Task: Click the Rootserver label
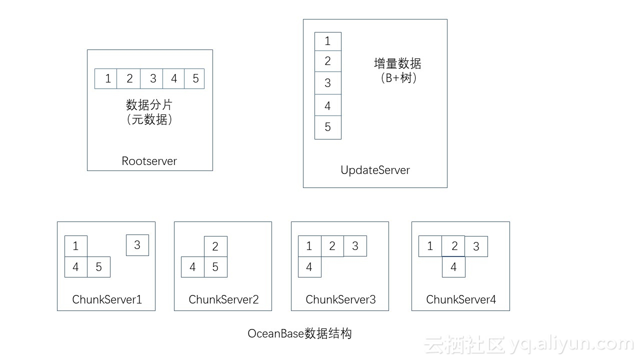(149, 161)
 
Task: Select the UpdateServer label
(375, 170)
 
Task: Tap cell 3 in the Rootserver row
(152, 78)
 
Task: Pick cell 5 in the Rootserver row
(194, 78)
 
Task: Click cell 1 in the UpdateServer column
(328, 41)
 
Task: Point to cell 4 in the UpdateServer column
(328, 105)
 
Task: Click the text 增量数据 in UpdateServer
(397, 64)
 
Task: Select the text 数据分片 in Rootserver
(149, 105)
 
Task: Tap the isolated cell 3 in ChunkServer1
(137, 245)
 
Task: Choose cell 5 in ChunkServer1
(98, 267)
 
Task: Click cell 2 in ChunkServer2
(215, 246)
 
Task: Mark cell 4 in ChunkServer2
(192, 267)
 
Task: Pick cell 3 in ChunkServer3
(355, 246)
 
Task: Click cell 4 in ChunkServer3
(309, 267)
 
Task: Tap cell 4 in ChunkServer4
(453, 267)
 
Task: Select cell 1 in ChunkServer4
(430, 246)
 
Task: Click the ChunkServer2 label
(223, 299)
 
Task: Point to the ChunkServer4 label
(461, 299)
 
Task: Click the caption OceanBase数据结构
(300, 333)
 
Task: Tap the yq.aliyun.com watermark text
(572, 344)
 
